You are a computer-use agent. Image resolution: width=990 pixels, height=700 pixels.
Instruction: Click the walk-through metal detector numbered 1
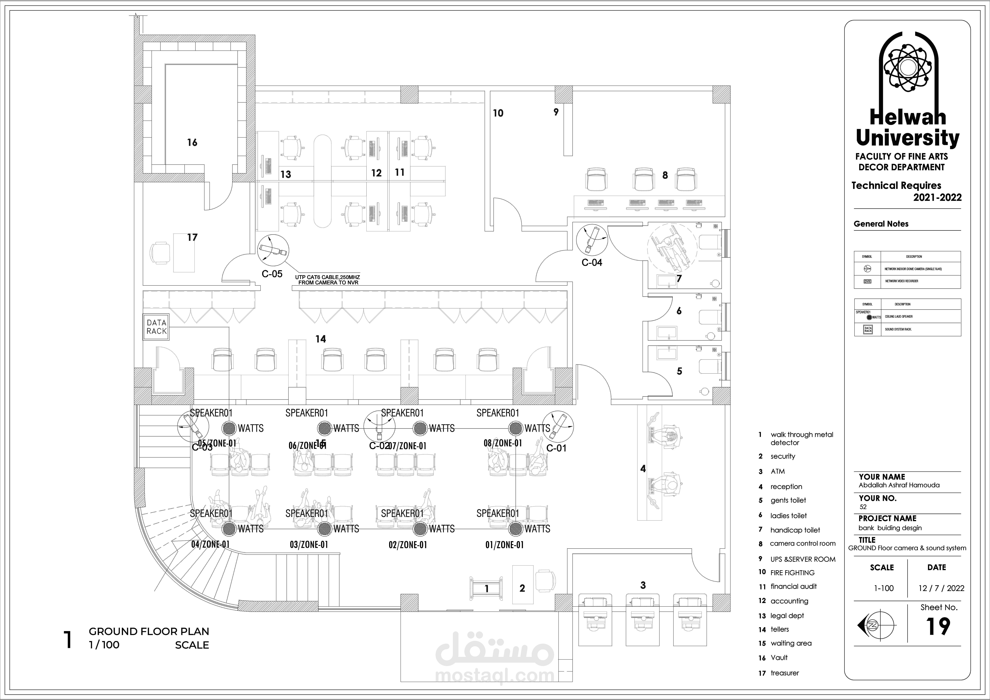click(486, 588)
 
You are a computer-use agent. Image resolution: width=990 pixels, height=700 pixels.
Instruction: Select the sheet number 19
click(938, 626)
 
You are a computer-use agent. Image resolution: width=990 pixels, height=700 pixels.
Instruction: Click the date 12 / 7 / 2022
click(941, 588)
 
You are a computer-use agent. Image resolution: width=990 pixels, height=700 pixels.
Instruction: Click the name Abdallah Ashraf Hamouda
click(899, 485)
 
